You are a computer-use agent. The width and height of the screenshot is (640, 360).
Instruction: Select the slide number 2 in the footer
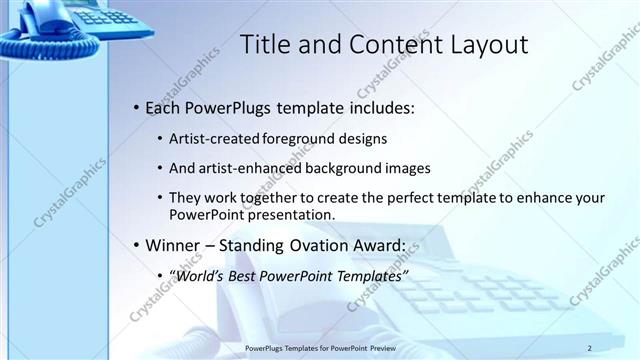(590, 347)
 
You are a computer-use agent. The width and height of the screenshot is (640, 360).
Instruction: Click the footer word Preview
(382, 347)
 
